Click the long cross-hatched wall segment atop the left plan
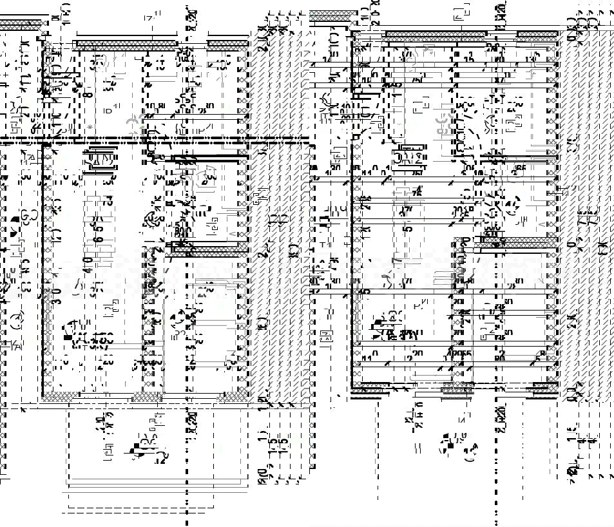[125, 44]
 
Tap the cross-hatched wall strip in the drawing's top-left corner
[23, 24]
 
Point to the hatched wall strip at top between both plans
[333, 14]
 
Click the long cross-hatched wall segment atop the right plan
[436, 35]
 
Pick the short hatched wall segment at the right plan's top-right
[537, 35]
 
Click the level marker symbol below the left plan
[136, 449]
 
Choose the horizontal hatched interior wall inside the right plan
[528, 241]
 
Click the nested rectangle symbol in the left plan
[100, 158]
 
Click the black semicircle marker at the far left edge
[14, 222]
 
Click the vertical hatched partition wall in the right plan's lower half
[458, 309]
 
